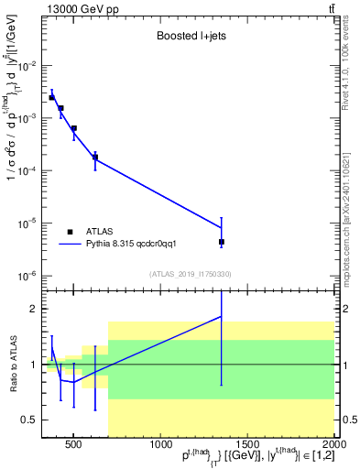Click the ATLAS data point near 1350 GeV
[x=222, y=242]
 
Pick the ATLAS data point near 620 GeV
[x=95, y=158]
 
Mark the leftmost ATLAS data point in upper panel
[x=52, y=97]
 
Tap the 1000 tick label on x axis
[x=160, y=445]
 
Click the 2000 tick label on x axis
[x=334, y=445]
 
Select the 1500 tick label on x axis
[x=247, y=445]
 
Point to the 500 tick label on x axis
[x=74, y=445]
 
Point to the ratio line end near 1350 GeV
[x=222, y=316]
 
